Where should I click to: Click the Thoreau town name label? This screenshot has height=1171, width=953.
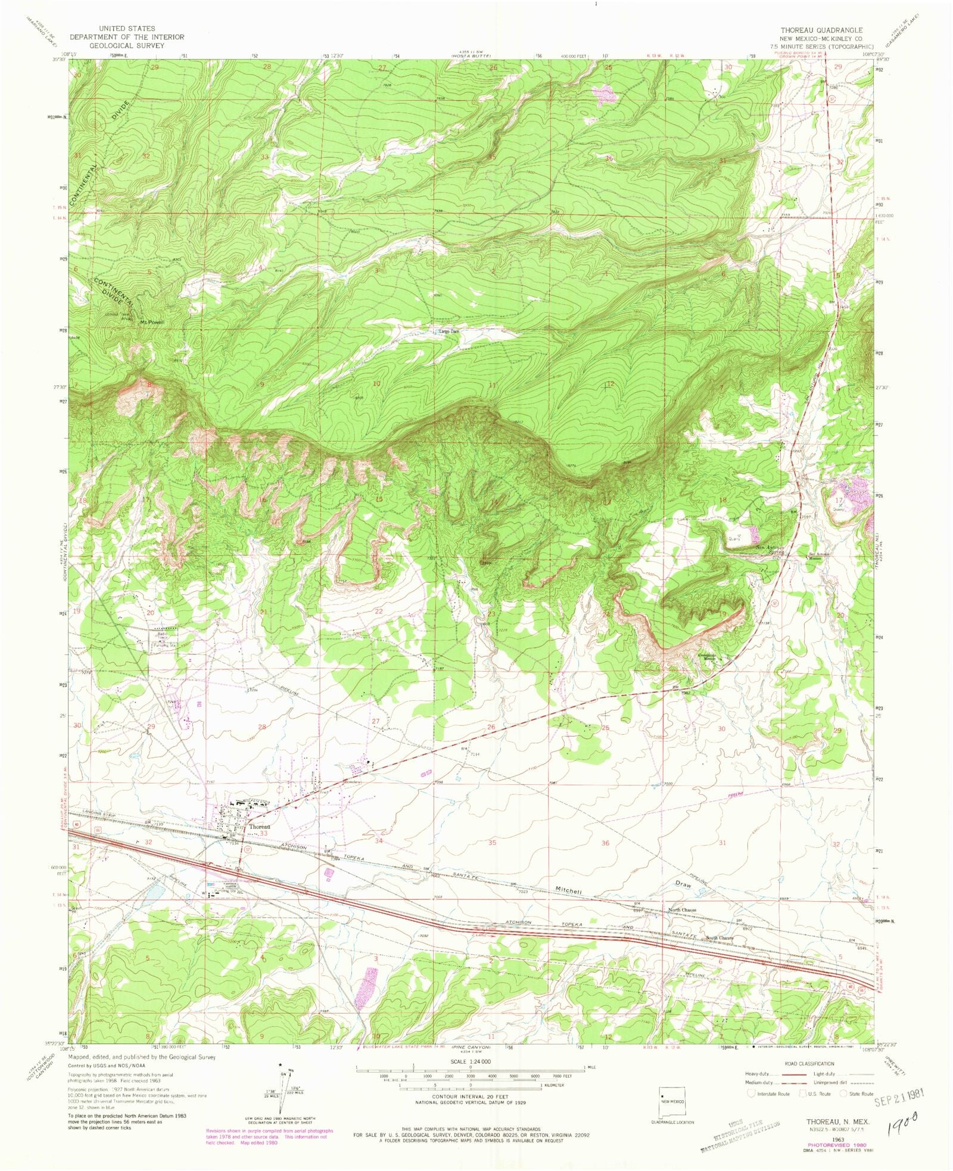[x=260, y=827]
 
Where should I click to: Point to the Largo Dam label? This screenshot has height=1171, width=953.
[x=450, y=331]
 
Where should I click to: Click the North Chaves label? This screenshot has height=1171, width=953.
[x=682, y=910]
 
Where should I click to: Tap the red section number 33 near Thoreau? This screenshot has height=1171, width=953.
[x=263, y=834]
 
